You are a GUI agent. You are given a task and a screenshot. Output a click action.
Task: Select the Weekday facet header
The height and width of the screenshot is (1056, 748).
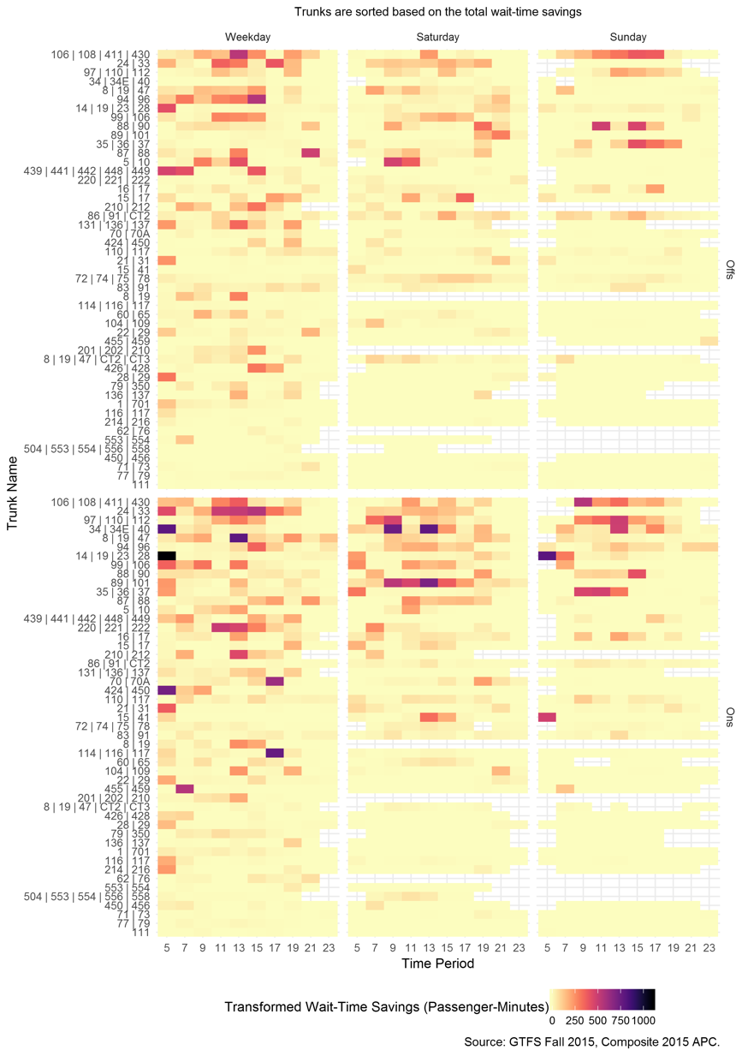248,38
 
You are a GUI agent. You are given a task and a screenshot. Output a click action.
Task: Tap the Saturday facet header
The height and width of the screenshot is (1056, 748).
437,38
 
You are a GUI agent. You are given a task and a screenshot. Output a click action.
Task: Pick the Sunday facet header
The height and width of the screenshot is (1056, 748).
628,38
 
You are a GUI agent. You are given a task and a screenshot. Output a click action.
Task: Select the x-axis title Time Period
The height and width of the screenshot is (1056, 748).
437,964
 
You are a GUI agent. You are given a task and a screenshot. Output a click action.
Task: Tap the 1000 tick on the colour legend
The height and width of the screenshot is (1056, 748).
644,1020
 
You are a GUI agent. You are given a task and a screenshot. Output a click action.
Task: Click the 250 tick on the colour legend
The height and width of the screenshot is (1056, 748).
575,1020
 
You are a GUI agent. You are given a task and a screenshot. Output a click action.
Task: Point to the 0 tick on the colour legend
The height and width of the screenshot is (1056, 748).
552,1020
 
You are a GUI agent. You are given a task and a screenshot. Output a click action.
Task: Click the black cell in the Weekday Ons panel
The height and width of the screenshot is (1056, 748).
166,556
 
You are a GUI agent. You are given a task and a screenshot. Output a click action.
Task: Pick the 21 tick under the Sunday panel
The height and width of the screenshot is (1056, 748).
691,948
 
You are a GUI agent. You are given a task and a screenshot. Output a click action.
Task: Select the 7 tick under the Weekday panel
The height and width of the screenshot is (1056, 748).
184,948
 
